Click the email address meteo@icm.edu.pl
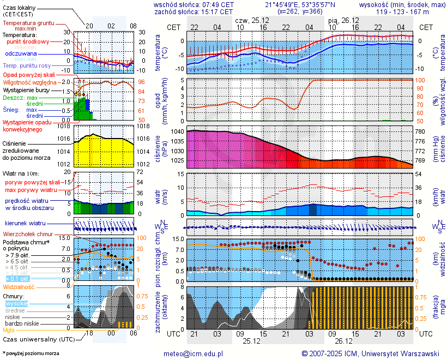click(194, 353)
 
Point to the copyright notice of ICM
click(370, 353)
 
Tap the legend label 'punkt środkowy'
click(28, 41)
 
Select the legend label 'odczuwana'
click(21, 53)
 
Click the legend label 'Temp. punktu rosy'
click(27, 65)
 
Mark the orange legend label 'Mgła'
click(9, 330)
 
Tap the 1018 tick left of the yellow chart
click(64, 127)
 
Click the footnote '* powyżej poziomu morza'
click(31, 353)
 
